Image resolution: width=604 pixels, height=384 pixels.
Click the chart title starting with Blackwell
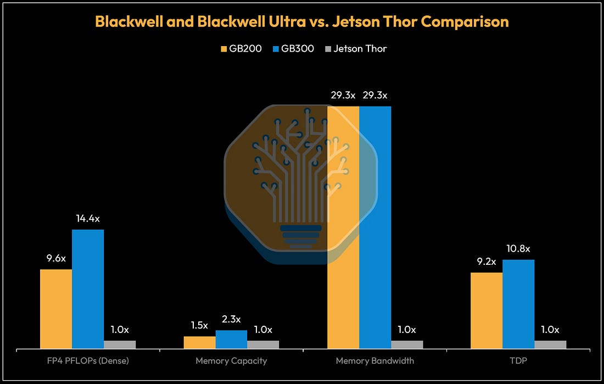coord(301,21)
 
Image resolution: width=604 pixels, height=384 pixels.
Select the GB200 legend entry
coord(241,48)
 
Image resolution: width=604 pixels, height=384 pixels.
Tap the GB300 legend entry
coord(293,48)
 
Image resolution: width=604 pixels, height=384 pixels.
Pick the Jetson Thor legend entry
coord(356,48)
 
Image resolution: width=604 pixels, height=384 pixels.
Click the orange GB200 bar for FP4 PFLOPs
coord(56,309)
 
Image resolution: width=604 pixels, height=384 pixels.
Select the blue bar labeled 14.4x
coord(88,289)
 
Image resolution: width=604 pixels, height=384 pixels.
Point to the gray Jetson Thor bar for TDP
coord(550,344)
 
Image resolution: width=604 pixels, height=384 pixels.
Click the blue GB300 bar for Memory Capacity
coord(231,340)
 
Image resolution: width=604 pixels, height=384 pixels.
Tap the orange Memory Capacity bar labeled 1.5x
coord(199,343)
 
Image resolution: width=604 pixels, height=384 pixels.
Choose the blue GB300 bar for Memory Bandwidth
coord(375,227)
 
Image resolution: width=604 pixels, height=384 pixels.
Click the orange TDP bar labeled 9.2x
coord(486,311)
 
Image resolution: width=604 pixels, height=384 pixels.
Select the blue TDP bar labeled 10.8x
coord(518,304)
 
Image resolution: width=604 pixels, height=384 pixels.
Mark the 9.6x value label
coord(56,258)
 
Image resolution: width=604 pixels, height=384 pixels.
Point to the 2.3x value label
coord(231,319)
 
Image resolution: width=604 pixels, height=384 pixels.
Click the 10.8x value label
coord(518,249)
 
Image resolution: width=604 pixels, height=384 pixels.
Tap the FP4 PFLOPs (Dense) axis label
coord(88,361)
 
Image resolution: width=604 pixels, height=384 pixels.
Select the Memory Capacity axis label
coord(231,361)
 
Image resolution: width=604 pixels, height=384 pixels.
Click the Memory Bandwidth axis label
coord(375,361)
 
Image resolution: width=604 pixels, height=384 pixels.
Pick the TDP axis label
coord(518,361)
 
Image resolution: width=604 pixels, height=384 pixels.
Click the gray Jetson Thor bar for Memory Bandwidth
coord(407,344)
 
